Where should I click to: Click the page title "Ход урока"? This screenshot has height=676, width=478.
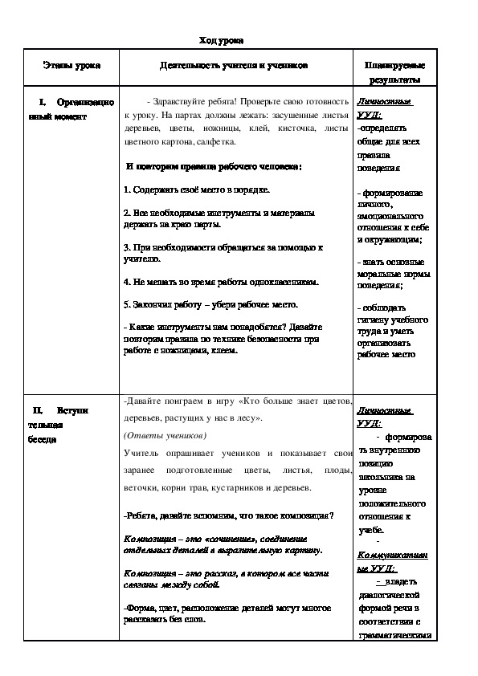point(221,40)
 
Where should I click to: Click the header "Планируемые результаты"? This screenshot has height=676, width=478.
point(394,73)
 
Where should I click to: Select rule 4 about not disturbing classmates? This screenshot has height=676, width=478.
point(222,283)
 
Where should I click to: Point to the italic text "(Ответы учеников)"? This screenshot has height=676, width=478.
point(165,436)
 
